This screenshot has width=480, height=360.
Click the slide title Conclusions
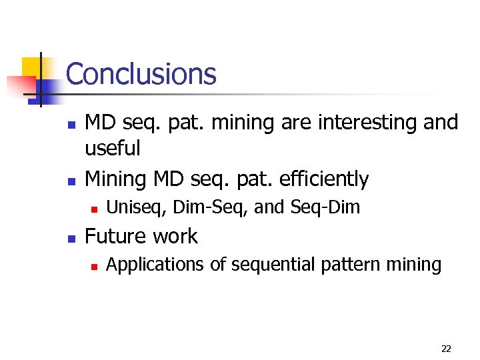click(141, 74)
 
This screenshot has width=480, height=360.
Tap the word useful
click(113, 148)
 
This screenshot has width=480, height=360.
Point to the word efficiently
click(324, 179)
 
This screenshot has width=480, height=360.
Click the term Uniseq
click(131, 208)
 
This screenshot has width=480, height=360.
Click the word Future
click(117, 236)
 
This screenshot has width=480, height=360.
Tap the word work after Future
click(175, 236)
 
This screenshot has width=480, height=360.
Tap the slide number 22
click(446, 349)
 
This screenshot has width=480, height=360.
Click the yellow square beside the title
click(31, 67)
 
